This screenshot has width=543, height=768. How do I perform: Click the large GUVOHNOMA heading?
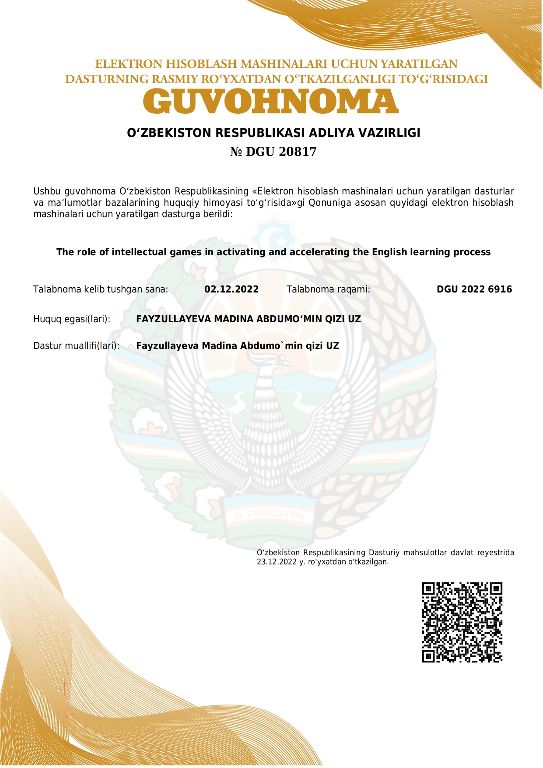[x=271, y=101]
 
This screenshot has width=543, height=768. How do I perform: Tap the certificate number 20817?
[x=297, y=151]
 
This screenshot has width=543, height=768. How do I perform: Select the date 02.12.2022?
[x=231, y=289]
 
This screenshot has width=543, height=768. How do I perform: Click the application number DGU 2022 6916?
[x=474, y=289]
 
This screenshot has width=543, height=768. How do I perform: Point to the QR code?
[x=462, y=622]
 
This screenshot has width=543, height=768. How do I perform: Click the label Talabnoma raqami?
[x=328, y=289]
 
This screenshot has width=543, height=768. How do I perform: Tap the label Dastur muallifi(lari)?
[x=76, y=346]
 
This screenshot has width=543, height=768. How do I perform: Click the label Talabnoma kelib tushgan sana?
[x=101, y=289]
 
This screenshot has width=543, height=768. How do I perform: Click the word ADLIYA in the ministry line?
[x=332, y=133]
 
